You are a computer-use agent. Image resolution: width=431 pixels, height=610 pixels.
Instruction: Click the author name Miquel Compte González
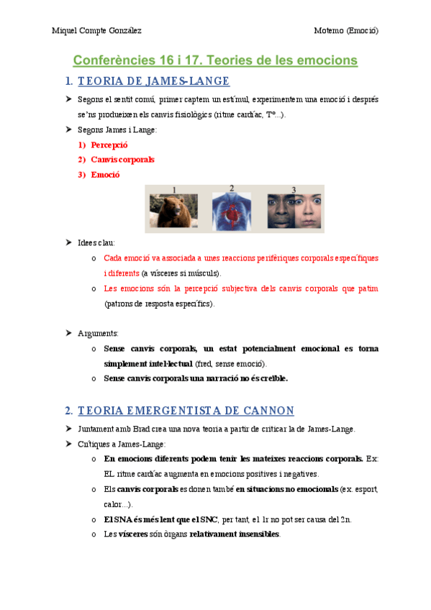tap(96, 30)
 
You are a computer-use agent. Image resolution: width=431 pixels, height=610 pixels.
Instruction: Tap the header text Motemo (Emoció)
tap(346, 30)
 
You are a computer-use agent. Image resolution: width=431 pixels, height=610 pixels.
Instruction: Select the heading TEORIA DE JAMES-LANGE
tap(153, 81)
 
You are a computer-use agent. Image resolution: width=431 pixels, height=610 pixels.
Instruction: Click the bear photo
tap(173, 209)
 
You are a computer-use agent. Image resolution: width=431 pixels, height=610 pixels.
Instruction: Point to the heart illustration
tap(232, 209)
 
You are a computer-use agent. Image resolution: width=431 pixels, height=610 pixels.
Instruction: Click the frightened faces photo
tap(294, 209)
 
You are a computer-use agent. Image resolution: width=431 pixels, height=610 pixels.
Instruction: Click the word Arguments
tap(98, 333)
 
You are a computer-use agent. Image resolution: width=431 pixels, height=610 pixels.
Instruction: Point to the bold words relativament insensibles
tap(235, 534)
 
